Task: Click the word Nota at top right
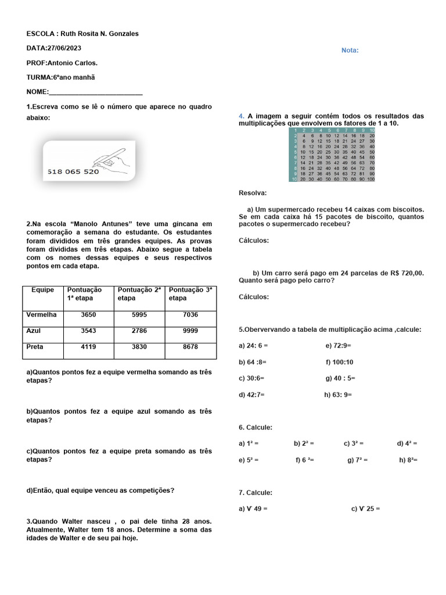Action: pos(350,50)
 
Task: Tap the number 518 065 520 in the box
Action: pos(73,172)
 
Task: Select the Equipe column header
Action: pos(42,289)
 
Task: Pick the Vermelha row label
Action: pos(42,314)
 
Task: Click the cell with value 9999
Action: pos(190,331)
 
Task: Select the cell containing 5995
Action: pos(139,314)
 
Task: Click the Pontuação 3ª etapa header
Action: pos(190,293)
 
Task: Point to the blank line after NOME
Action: pos(95,92)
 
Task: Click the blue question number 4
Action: pos(241,116)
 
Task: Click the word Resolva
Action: pos(253,192)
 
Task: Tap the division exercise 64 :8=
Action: pos(253,361)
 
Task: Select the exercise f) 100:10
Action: pos(340,361)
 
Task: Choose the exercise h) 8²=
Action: pos(408,460)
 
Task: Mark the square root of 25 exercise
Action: pos(365,508)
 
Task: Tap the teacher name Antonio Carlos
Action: pos(72,62)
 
